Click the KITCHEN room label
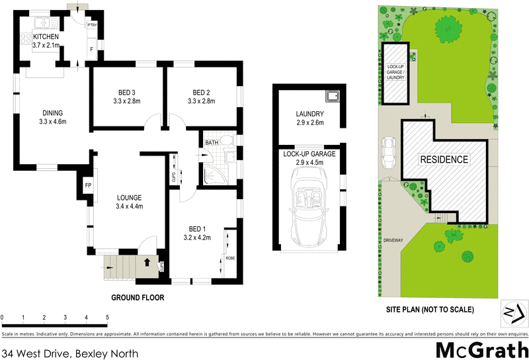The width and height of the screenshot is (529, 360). (42, 36)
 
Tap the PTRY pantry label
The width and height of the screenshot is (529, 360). (93, 25)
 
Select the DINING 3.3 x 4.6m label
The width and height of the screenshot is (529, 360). (53, 117)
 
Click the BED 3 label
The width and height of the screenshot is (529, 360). (128, 92)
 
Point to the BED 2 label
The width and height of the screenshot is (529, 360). (201, 92)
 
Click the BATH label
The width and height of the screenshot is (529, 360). (212, 142)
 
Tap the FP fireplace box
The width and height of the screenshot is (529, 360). (87, 186)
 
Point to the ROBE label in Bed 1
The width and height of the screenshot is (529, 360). (230, 258)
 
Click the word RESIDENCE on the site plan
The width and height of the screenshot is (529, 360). (444, 159)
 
